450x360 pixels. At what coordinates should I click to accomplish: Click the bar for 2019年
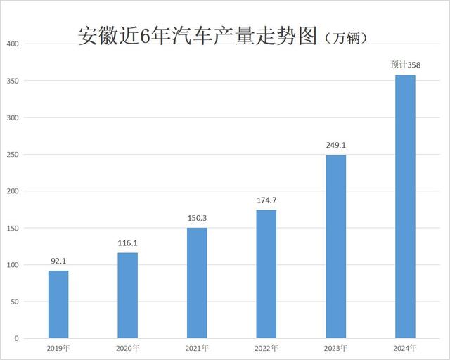[58, 304]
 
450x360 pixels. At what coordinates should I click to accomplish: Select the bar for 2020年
[127, 295]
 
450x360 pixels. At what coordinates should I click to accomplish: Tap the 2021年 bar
[197, 283]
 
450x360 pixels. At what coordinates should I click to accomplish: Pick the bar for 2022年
[266, 274]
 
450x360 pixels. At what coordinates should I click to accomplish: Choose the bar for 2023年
[335, 247]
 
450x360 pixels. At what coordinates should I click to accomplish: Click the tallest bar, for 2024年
[405, 207]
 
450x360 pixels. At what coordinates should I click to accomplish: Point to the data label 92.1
[58, 261]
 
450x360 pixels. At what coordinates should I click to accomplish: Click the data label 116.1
[127, 243]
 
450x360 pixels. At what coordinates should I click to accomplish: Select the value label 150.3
[197, 218]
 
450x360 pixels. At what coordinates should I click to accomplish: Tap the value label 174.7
[266, 200]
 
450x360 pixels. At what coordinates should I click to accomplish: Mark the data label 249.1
[335, 146]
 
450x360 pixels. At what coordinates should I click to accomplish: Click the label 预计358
[405, 65]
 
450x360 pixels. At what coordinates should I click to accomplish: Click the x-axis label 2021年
[197, 348]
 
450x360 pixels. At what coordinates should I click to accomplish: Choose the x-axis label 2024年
[405, 348]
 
